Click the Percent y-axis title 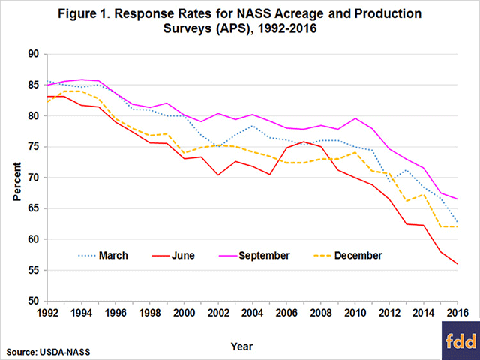point(16,178)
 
